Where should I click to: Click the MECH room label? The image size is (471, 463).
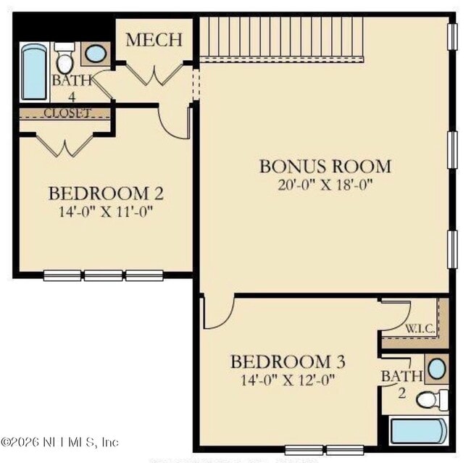pos(154,40)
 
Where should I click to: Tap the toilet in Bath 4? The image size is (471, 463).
pos(64,58)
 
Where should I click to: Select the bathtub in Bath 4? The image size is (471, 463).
pos(34,72)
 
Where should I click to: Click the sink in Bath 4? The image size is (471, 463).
pos(96,54)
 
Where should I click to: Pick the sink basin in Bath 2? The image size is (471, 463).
pos(437,369)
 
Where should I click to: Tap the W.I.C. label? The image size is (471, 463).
pos(420,329)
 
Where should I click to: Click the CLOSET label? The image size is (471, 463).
pos(67,113)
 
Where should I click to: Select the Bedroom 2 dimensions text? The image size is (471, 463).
pos(106,212)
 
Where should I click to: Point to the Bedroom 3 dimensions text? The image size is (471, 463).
pos(288,380)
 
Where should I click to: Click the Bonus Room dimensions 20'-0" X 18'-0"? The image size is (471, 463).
pos(325,185)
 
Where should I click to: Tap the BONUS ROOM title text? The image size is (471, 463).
pos(325,166)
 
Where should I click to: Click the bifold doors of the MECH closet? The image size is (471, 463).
pos(154,74)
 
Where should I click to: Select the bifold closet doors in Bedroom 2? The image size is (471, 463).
pos(64,146)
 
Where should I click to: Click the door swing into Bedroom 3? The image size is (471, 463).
pos(218,312)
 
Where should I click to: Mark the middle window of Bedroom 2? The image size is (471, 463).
pos(103,275)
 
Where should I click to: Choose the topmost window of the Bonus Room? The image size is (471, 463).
pos(452,37)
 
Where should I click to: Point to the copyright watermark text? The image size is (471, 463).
pos(59,442)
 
